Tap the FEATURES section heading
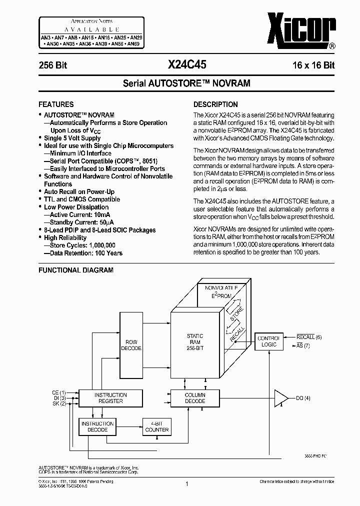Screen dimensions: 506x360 pyautogui.click(x=56, y=104)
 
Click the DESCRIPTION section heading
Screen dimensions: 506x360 pyautogui.click(x=215, y=104)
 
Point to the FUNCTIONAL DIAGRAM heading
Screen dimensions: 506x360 pyautogui.click(x=76, y=270)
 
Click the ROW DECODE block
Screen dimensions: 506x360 pyautogui.click(x=131, y=345)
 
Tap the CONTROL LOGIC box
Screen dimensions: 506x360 pyautogui.click(x=268, y=341)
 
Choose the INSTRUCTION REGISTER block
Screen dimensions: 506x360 pyautogui.click(x=110, y=398)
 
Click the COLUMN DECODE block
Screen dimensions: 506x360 pyautogui.click(x=195, y=398)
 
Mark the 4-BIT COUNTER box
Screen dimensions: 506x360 pyautogui.click(x=156, y=426)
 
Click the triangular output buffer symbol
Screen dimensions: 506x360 pyautogui.click(x=281, y=398)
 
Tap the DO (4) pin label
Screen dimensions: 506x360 pyautogui.click(x=303, y=398)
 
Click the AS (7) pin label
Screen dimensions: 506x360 pyautogui.click(x=303, y=345)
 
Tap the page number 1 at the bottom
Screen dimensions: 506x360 pyautogui.click(x=186, y=484)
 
